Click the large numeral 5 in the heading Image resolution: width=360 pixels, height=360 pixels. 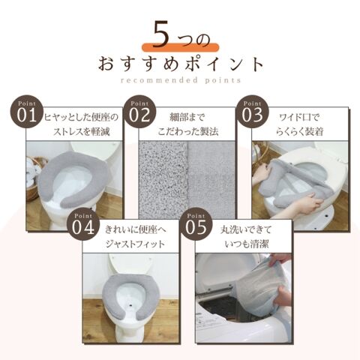point(160,35)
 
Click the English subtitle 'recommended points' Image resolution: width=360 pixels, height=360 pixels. point(181,80)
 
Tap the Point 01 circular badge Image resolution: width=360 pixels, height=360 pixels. point(26,112)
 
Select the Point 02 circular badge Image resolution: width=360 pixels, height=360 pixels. point(139,112)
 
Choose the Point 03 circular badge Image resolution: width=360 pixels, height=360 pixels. point(252,112)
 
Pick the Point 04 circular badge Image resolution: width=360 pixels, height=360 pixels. point(82,225)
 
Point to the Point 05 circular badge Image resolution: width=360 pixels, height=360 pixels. point(196,225)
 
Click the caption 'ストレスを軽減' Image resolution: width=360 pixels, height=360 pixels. point(82,132)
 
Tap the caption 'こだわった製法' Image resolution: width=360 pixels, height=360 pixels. point(188,132)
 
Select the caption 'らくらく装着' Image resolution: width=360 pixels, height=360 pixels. point(299,132)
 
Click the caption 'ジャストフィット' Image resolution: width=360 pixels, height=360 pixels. point(135,244)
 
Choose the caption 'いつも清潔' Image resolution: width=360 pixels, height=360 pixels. point(247,244)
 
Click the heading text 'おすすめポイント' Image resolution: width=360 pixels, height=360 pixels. point(181,64)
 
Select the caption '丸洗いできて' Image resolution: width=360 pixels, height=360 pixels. point(246,229)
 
